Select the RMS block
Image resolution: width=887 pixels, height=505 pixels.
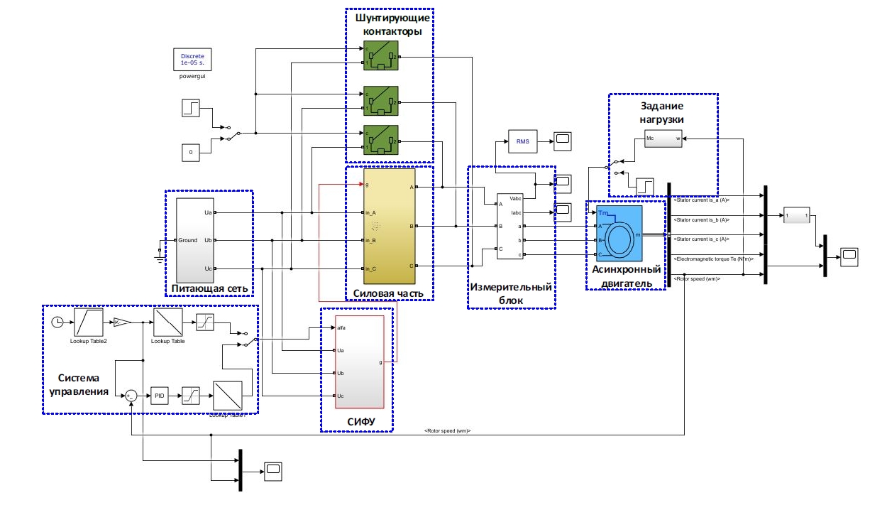tap(522, 141)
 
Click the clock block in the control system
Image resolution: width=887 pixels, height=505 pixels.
tap(59, 323)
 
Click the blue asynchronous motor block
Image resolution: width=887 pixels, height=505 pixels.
tap(619, 233)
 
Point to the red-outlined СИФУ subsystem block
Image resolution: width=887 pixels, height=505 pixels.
tap(359, 362)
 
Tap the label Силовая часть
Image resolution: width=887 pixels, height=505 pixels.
tap(388, 293)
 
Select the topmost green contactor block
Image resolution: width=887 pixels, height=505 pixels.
tap(380, 55)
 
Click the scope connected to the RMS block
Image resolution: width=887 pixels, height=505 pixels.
tap(563, 140)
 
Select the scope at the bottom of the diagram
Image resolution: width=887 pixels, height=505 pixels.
tap(273, 468)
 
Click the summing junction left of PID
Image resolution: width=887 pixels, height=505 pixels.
tap(131, 396)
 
